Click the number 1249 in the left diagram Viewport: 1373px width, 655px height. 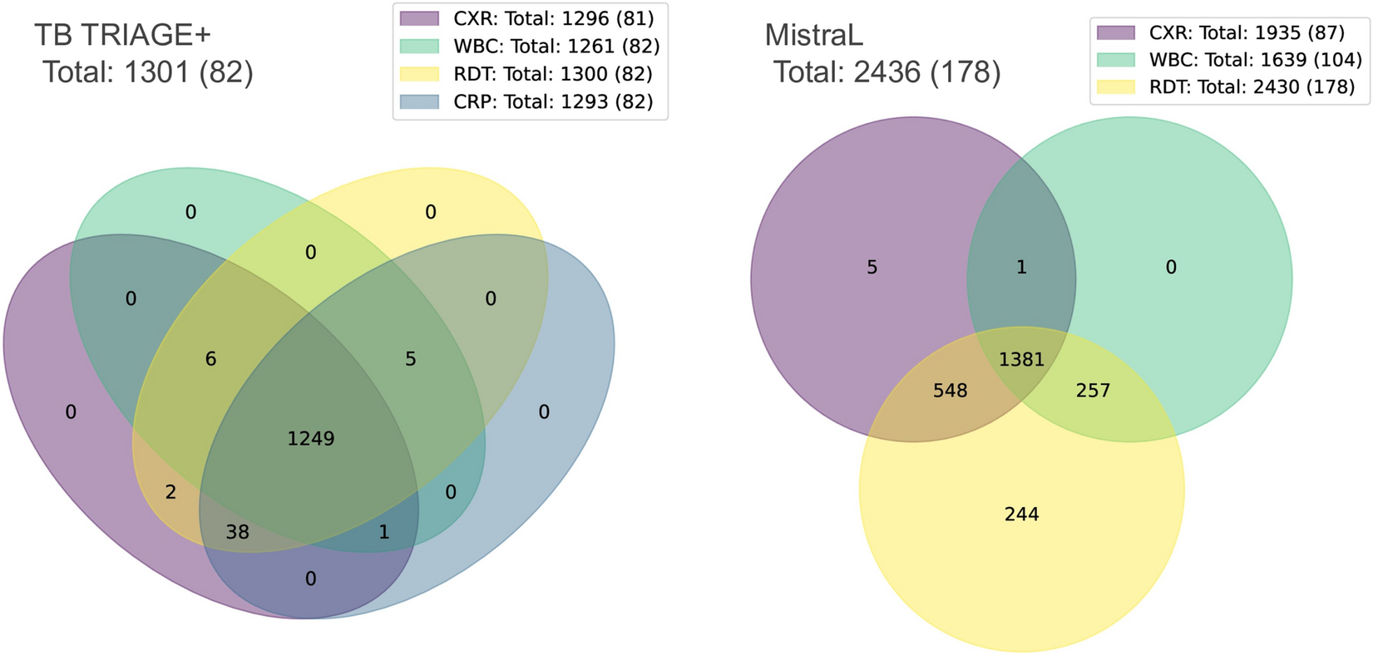[311, 438]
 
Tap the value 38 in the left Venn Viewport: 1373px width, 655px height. [238, 531]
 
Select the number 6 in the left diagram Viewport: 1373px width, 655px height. [211, 359]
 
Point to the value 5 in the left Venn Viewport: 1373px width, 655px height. [411, 359]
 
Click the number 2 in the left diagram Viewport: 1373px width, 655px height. [170, 492]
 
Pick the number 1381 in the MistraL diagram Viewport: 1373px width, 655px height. [1021, 360]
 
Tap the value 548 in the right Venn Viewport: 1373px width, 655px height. [950, 391]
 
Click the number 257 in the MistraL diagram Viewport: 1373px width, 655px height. [1093, 391]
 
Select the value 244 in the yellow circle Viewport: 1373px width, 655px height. [1021, 515]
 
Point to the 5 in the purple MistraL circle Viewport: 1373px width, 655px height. [872, 268]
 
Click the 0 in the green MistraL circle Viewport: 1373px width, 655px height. [1171, 268]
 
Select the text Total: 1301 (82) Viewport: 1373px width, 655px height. [148, 73]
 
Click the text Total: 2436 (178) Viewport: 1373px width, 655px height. [887, 73]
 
